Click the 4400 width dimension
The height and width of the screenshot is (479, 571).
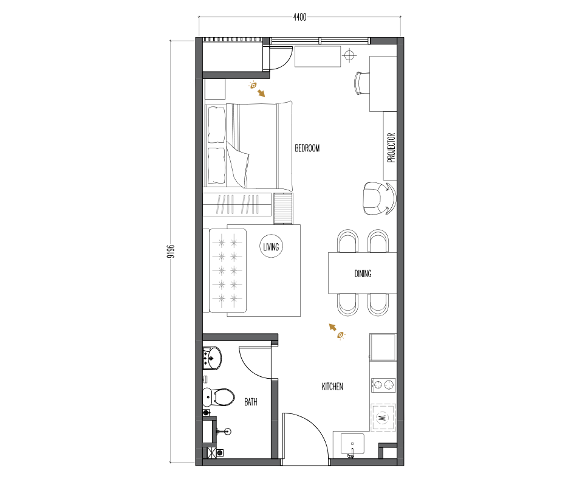[299, 17]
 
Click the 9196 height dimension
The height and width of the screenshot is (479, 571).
[171, 251]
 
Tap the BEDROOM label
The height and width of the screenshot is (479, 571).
[307, 148]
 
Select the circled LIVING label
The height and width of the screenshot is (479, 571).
[272, 247]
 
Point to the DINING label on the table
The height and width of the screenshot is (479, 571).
[363, 274]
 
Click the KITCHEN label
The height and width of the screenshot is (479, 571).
[332, 387]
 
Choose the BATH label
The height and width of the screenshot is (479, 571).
[250, 402]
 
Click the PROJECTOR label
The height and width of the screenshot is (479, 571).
[391, 147]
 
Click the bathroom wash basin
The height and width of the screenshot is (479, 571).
[212, 358]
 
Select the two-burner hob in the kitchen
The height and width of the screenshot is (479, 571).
[383, 385]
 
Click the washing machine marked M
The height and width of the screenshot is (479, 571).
[383, 417]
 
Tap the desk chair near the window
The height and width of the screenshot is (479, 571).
[361, 83]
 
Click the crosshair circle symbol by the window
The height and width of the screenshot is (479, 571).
[349, 55]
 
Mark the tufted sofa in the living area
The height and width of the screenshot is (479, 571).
[228, 271]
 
